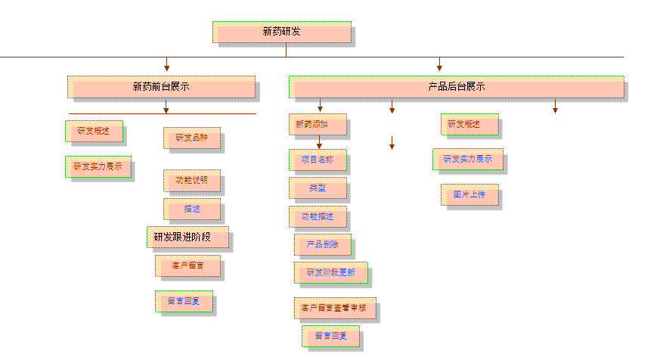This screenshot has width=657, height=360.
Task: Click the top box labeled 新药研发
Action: click(281, 33)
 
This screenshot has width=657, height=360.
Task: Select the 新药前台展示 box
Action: click(161, 87)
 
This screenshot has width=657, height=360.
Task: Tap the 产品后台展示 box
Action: click(456, 87)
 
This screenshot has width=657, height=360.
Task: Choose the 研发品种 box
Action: click(191, 138)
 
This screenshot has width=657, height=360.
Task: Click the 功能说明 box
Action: click(191, 181)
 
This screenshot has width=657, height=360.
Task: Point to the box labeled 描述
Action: click(192, 209)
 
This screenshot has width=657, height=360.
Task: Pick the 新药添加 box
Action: click(317, 124)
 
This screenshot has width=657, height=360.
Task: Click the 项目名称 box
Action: click(317, 160)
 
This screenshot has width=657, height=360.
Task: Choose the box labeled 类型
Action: click(318, 188)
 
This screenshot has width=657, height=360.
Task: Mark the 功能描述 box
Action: click(317, 216)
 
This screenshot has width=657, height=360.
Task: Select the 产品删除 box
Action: click(322, 245)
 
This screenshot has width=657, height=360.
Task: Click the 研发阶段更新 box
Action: click(330, 272)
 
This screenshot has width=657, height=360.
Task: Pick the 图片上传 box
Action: click(470, 195)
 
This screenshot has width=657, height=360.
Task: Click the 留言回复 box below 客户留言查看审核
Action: click(330, 337)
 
